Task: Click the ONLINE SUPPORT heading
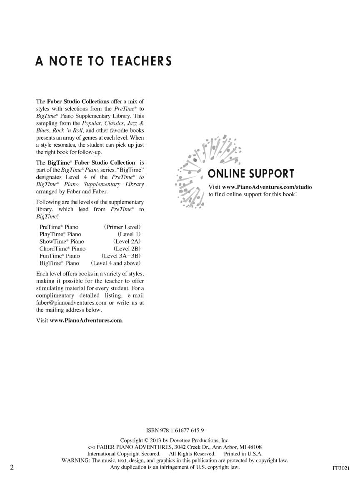[251, 174]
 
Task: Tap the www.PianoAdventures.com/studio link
[267, 187]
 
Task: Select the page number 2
[12, 467]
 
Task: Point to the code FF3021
[341, 468]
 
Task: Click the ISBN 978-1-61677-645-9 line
[175, 430]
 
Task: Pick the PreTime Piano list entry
[59, 227]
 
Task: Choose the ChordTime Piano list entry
[62, 249]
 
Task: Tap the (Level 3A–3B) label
[121, 256]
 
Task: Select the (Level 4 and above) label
[116, 263]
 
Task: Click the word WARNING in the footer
[75, 460]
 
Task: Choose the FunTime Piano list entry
[60, 256]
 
